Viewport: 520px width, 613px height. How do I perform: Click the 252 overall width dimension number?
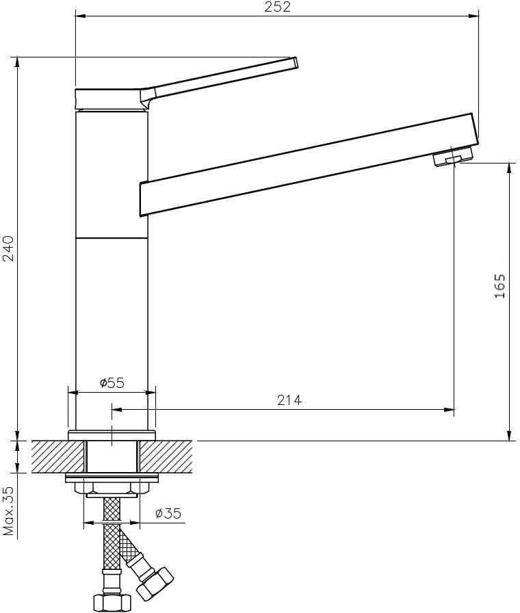pos(277,7)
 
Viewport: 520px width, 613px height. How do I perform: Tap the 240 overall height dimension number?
pos(8,248)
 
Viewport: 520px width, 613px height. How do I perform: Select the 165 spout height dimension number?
pos(499,286)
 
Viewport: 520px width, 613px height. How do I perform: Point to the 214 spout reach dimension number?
pos(289,400)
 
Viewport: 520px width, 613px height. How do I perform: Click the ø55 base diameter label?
pos(112,382)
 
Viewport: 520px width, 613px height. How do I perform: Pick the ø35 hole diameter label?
pos(168,513)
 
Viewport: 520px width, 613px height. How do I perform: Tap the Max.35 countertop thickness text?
pos(8,510)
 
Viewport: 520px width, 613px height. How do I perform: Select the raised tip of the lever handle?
pos(295,62)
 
